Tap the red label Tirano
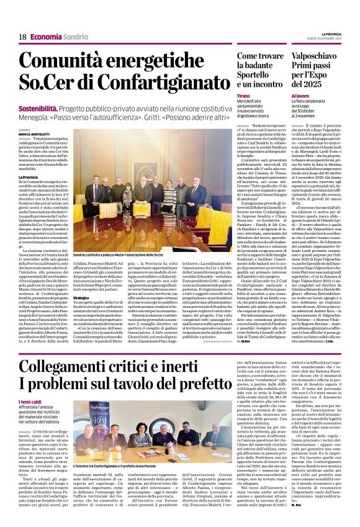(244, 97)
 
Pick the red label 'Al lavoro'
(300, 97)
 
